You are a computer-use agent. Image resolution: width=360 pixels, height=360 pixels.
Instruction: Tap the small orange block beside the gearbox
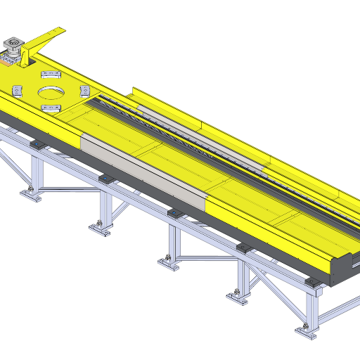(6, 62)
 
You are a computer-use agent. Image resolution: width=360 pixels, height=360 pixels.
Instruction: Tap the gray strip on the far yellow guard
(204, 141)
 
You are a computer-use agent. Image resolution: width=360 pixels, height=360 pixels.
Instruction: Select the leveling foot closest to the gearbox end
(29, 192)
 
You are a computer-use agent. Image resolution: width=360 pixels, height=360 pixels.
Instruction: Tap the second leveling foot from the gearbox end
(99, 226)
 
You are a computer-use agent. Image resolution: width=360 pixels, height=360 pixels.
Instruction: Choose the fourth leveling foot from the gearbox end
(237, 296)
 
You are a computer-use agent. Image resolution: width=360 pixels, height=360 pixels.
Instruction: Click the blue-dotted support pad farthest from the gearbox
(311, 281)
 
